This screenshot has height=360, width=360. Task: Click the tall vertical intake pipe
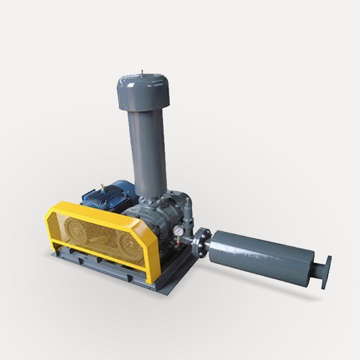pos(148,147)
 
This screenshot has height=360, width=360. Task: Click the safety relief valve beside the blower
pos(188,210)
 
